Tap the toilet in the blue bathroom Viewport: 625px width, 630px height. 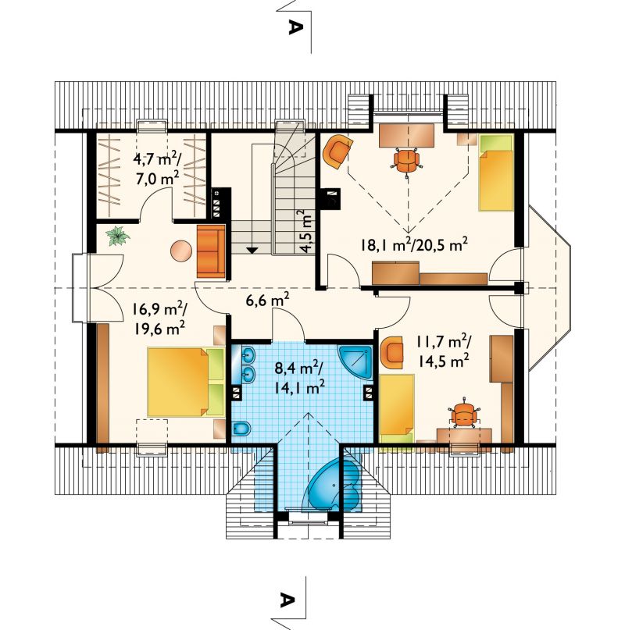click(x=241, y=429)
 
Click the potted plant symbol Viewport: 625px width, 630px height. click(x=118, y=236)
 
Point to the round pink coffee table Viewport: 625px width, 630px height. click(x=181, y=251)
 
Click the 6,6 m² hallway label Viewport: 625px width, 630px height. click(x=267, y=299)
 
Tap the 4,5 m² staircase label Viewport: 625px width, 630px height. click(x=306, y=231)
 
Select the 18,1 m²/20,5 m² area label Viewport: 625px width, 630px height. click(x=414, y=244)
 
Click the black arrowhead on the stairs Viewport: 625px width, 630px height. click(x=252, y=250)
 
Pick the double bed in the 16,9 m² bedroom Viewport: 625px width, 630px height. click(x=185, y=382)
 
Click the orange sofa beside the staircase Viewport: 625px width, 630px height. click(x=211, y=251)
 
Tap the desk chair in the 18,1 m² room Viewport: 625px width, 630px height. click(x=406, y=161)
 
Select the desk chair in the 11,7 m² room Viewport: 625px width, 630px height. click(x=463, y=414)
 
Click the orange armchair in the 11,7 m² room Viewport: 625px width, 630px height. click(x=391, y=352)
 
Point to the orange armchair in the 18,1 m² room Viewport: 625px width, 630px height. click(x=337, y=150)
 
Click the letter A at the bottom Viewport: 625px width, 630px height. click(x=286, y=600)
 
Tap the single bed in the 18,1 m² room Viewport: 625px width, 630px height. click(x=496, y=173)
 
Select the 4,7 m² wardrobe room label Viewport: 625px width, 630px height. click(x=156, y=169)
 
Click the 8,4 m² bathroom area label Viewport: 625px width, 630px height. click(x=300, y=378)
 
